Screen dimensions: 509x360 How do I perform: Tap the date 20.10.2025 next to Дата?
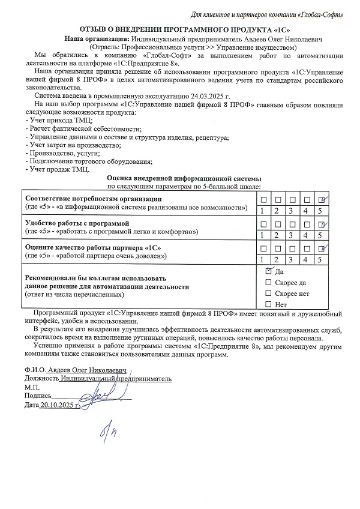pyautogui.click(x=58, y=405)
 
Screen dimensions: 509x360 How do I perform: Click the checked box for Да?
pyautogui.click(x=268, y=271)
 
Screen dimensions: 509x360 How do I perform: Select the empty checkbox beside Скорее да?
pyautogui.click(x=268, y=283)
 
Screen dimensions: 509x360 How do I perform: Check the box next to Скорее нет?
pyautogui.click(x=268, y=294)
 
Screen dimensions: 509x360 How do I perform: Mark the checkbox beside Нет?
pyautogui.click(x=268, y=305)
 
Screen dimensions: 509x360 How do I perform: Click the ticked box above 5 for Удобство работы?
pyautogui.click(x=321, y=224)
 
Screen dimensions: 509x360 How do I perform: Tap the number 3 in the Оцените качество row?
pyautogui.click(x=290, y=259)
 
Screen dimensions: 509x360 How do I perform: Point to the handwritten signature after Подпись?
pyautogui.click(x=96, y=396)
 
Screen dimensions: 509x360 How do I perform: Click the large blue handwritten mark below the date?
pyautogui.click(x=109, y=430)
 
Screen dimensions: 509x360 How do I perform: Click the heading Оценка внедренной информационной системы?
pyautogui.click(x=184, y=178)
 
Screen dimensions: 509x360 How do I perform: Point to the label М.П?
pyautogui.click(x=31, y=387)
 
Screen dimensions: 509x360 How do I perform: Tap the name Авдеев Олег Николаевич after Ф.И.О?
pyautogui.click(x=85, y=370)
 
